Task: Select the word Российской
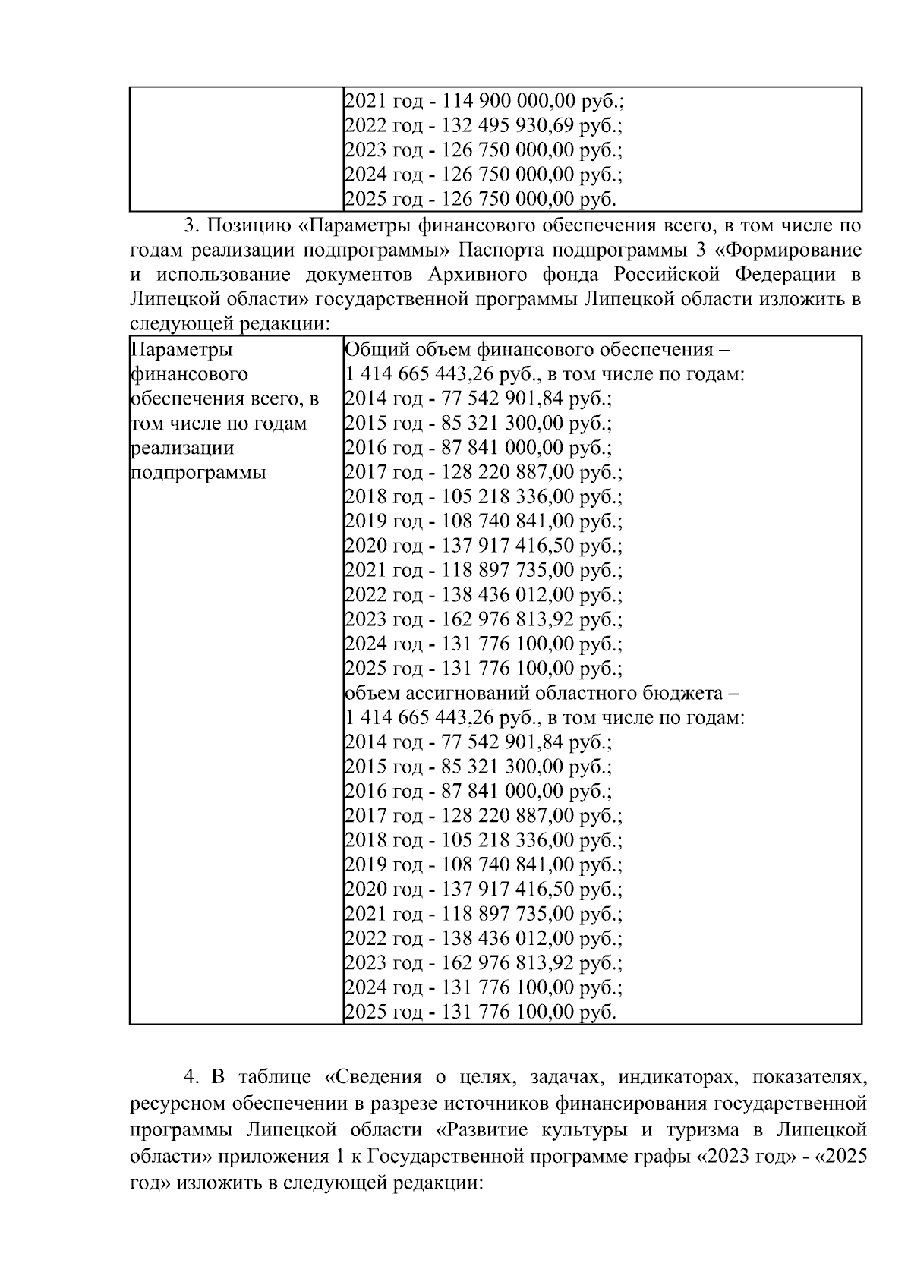click(668, 275)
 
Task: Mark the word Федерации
click(788, 275)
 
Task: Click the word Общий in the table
click(370, 350)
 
